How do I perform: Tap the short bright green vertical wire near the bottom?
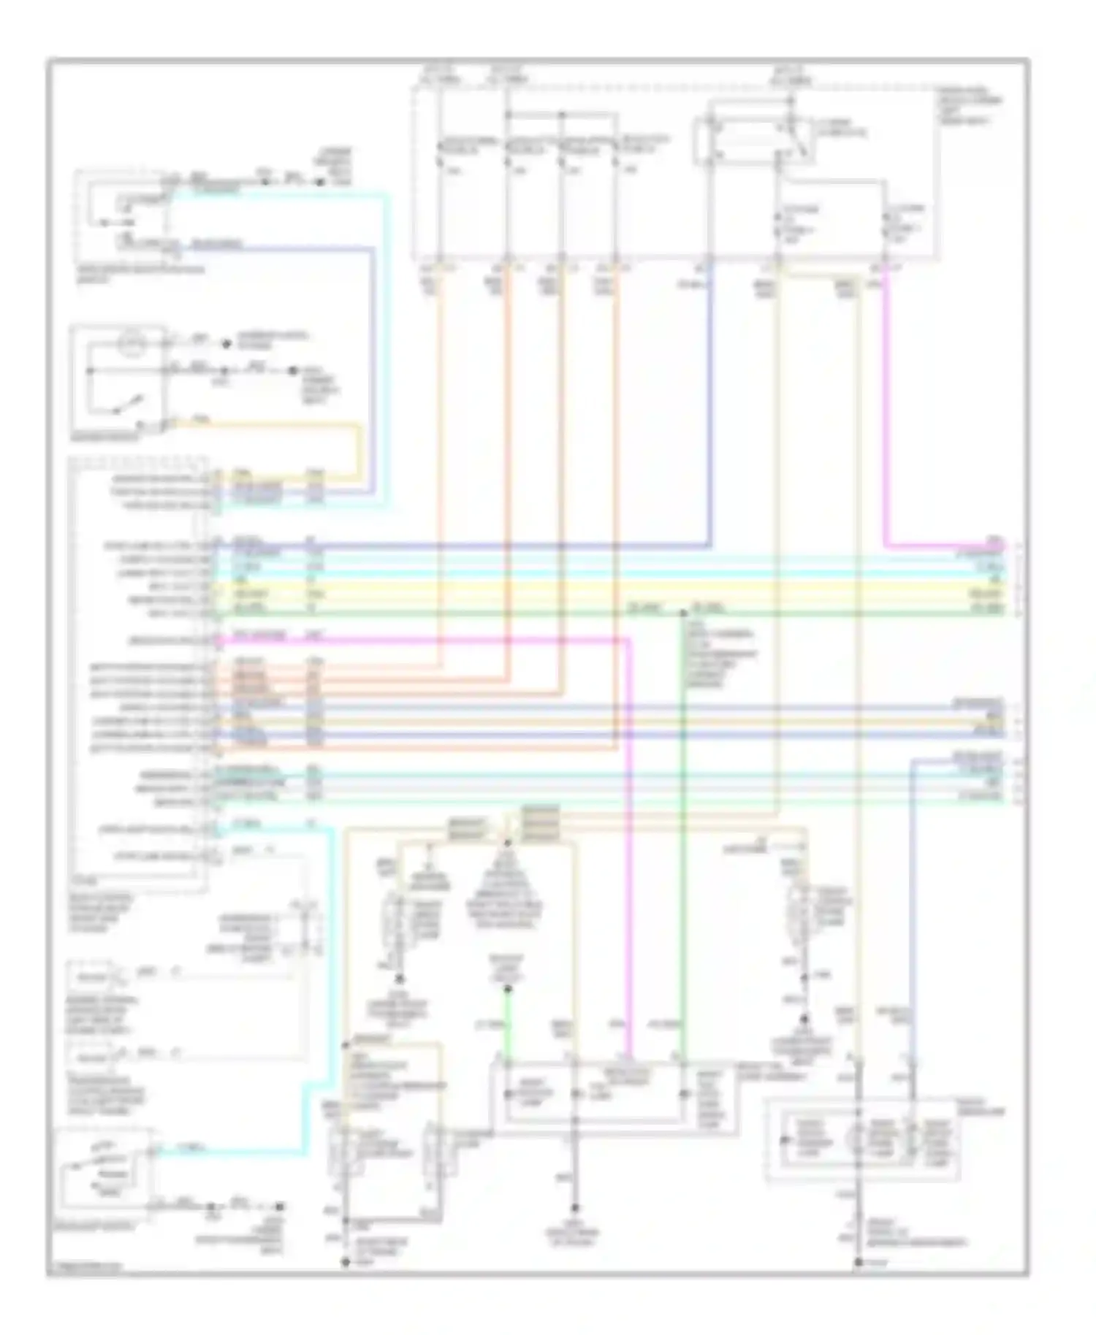coord(507,1022)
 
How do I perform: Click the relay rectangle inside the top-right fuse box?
coord(742,142)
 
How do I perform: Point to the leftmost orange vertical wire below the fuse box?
coord(441,438)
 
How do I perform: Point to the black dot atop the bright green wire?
coord(507,991)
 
